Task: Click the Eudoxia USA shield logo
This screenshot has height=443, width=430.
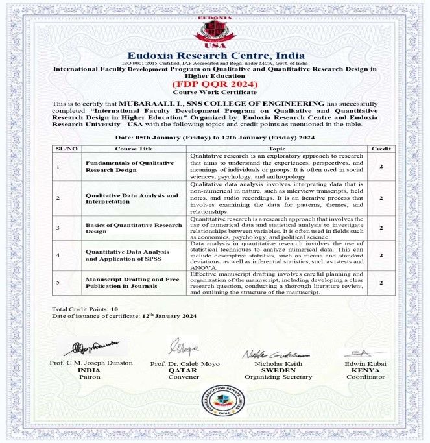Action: click(x=214, y=27)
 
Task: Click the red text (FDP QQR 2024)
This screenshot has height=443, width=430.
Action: click(x=214, y=84)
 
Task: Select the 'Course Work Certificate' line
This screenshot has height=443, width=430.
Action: click(x=214, y=93)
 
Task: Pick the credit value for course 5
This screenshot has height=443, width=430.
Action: click(x=380, y=282)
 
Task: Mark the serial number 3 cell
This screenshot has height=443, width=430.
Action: click(x=58, y=228)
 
